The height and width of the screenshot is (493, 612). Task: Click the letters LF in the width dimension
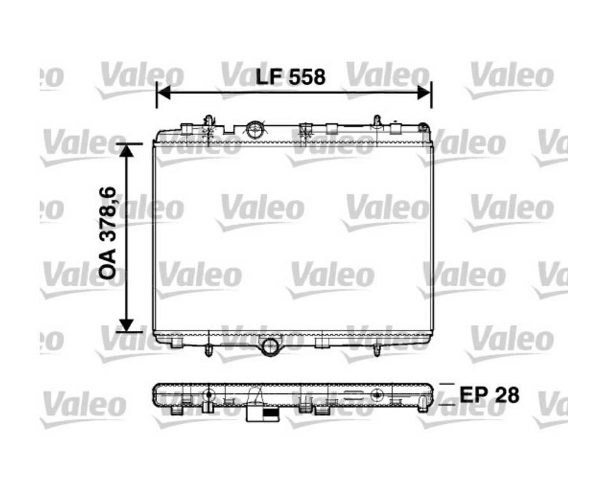pyautogui.click(x=269, y=77)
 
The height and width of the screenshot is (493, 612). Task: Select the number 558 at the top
pyautogui.click(x=306, y=77)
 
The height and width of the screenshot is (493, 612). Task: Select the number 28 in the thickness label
pyautogui.click(x=506, y=395)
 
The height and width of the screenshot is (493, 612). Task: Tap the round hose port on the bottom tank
pyautogui.click(x=271, y=347)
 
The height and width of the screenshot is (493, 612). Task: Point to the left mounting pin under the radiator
pyautogui.click(x=208, y=349)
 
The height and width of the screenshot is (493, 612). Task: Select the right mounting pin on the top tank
pyautogui.click(x=377, y=121)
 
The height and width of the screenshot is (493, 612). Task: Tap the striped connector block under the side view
pyautogui.click(x=263, y=414)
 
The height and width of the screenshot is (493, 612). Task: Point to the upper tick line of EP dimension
pyautogui.click(x=448, y=384)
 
